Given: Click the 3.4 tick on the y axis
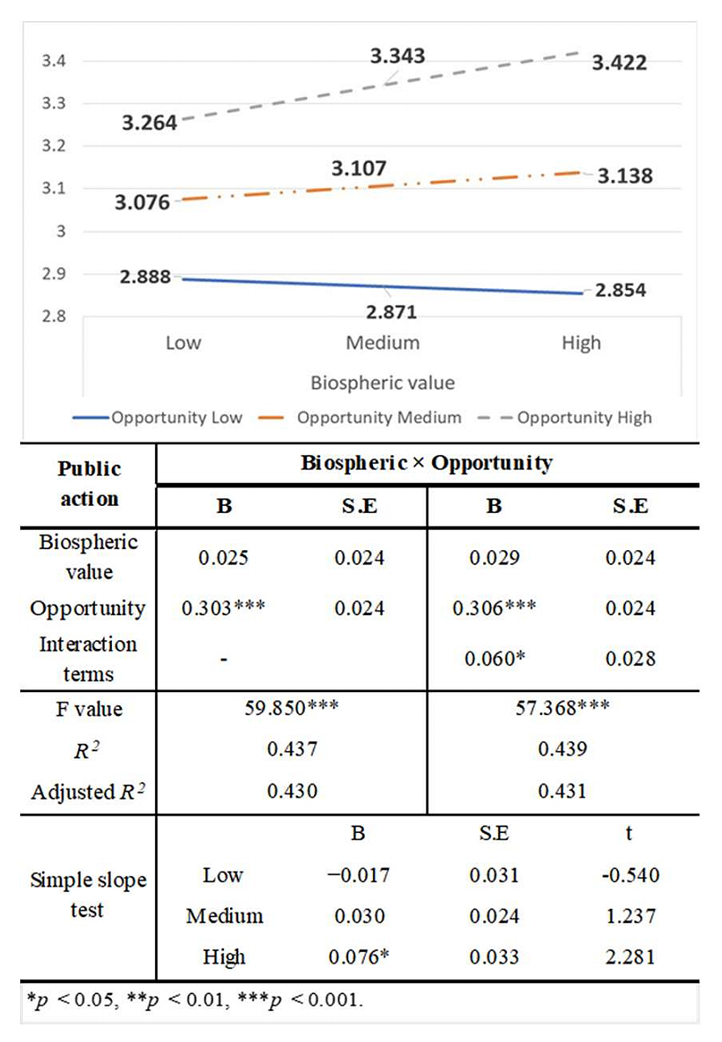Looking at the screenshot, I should click(x=57, y=62).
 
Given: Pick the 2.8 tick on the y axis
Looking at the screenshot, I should click(x=57, y=316).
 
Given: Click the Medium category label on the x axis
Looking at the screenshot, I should click(x=383, y=343).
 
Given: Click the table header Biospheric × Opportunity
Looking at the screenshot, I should click(x=427, y=463).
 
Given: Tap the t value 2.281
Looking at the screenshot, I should click(x=631, y=957).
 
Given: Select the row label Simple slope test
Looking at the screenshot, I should click(x=88, y=894).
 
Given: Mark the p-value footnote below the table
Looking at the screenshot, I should click(x=194, y=1001).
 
